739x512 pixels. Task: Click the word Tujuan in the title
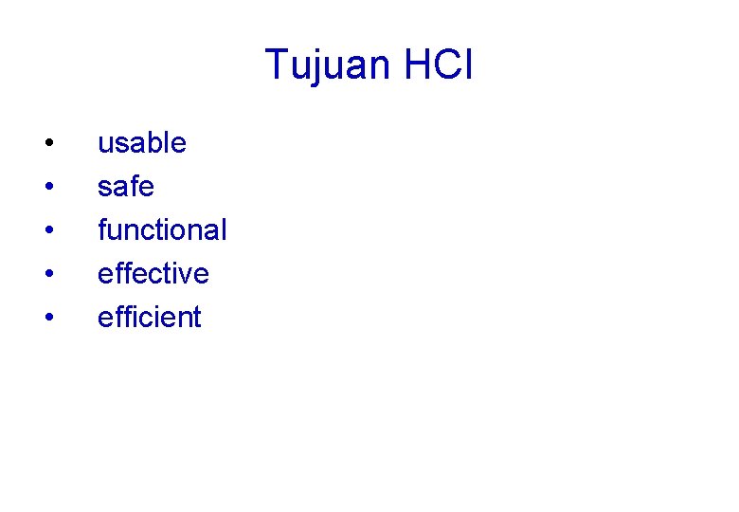(328, 65)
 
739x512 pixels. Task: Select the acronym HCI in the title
(438, 65)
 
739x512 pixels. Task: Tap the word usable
(142, 143)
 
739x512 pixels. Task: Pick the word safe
(125, 187)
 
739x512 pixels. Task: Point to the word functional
(162, 229)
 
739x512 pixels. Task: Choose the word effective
(153, 273)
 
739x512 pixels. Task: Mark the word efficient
(150, 317)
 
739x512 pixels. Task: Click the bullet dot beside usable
(47, 144)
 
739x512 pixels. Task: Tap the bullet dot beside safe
(47, 188)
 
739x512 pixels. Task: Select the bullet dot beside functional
(47, 230)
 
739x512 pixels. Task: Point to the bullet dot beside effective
(47, 274)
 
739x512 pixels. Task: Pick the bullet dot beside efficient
(47, 318)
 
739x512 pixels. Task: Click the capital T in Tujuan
(277, 65)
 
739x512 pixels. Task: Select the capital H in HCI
(417, 65)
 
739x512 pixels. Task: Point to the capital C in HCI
(447, 65)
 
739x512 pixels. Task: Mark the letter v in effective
(188, 275)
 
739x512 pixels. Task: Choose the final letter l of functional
(224, 229)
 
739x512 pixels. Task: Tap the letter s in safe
(103, 189)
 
